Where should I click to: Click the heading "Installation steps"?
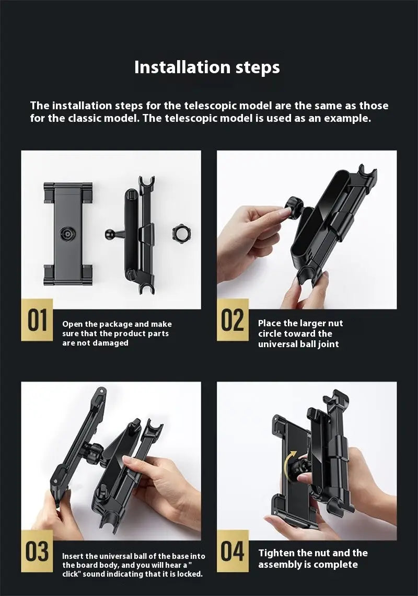pyautogui.click(x=207, y=67)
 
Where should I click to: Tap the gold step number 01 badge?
pyautogui.click(x=37, y=319)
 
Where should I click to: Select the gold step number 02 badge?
pyautogui.click(x=233, y=319)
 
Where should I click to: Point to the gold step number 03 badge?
pyautogui.click(x=37, y=551)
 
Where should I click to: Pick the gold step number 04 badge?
pyautogui.click(x=233, y=551)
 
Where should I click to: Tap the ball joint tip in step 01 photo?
pyautogui.click(x=109, y=234)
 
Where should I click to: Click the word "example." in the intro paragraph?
pyautogui.click(x=347, y=119)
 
